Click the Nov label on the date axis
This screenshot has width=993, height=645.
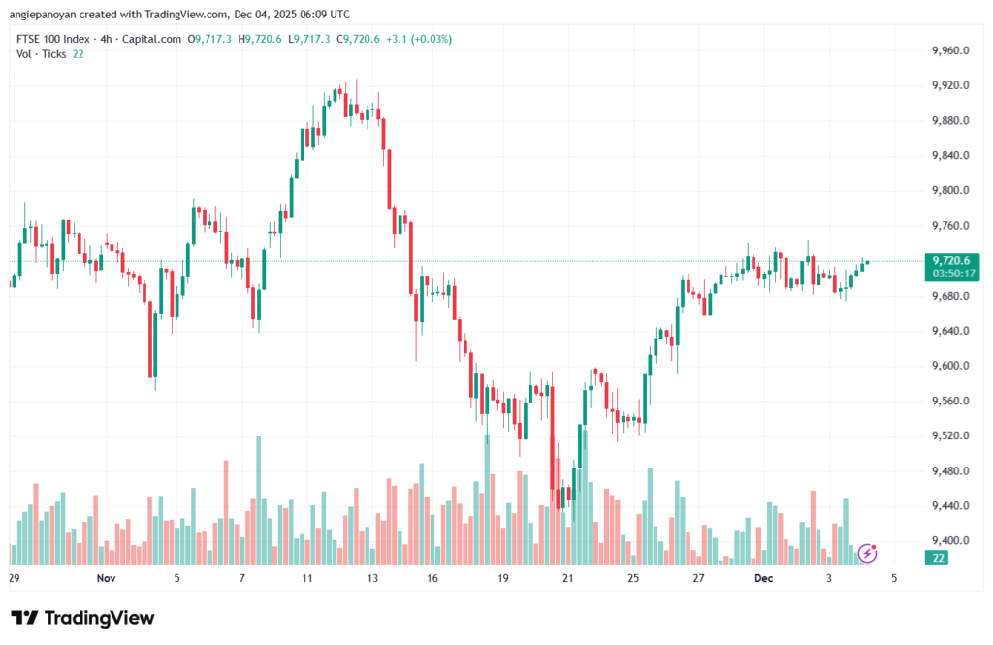click(107, 578)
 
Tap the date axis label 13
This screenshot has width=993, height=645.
click(371, 578)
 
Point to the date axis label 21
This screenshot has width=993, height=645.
click(568, 578)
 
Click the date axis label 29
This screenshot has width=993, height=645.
click(14, 578)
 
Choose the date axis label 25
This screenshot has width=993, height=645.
click(633, 578)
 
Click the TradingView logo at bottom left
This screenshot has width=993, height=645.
click(82, 619)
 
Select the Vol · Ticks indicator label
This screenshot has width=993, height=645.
click(42, 53)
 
